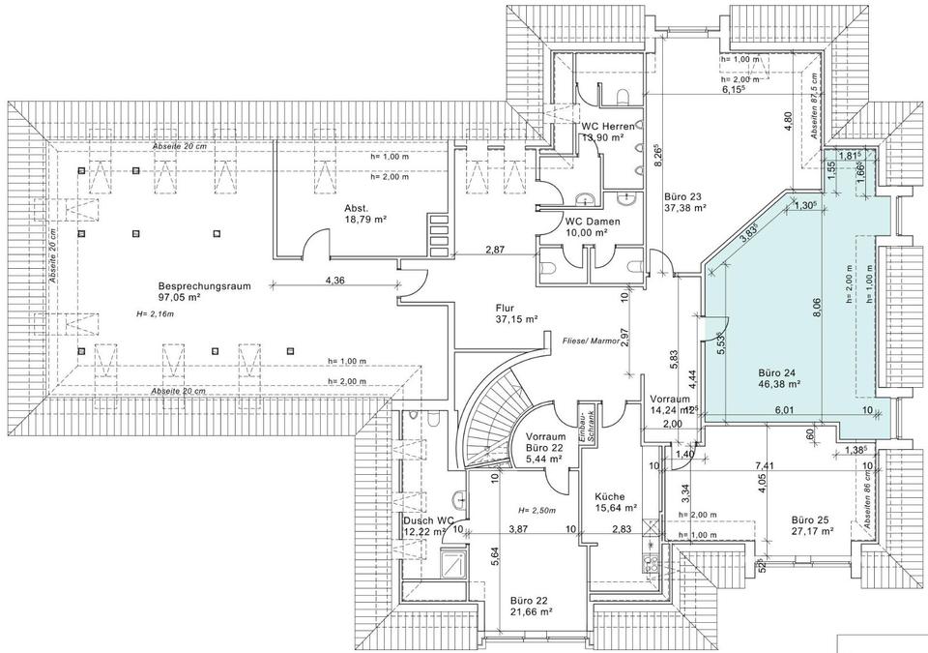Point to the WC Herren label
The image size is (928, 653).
607,128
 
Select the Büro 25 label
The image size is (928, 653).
813,519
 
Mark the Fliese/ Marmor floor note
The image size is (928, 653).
591,341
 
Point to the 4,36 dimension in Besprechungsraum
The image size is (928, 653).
335,282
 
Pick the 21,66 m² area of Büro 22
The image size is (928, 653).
531,611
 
